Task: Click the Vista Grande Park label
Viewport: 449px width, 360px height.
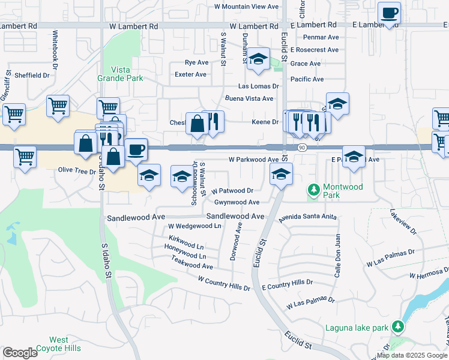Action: [x=120, y=74]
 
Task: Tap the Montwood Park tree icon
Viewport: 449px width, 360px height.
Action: [x=312, y=190]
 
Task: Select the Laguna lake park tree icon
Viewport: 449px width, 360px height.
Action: [x=396, y=327]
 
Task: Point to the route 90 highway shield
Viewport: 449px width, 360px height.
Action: [x=301, y=148]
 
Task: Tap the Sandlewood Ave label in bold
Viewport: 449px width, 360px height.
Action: [x=235, y=216]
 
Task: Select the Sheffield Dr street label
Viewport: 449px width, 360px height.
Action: [x=32, y=76]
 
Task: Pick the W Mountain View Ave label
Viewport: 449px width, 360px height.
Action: [x=247, y=7]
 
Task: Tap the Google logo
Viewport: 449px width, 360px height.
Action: [x=20, y=352]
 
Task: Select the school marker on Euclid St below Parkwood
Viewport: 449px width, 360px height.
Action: [x=280, y=175]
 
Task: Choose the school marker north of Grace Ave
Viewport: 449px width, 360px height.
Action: [x=259, y=59]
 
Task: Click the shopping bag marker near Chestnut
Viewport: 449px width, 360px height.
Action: [x=197, y=124]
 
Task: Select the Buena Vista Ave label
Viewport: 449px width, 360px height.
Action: [x=249, y=98]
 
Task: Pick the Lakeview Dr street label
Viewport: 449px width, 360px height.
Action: [x=402, y=222]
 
